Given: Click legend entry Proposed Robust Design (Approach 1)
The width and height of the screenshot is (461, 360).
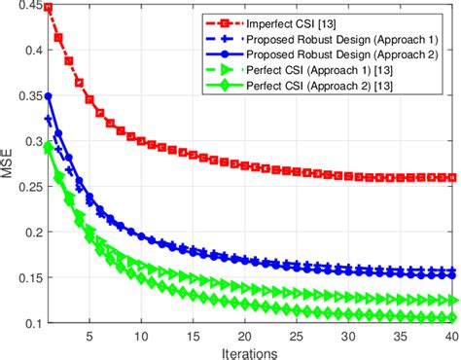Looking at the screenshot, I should click(332, 39).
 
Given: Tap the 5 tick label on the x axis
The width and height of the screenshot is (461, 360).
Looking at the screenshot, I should click(89, 334).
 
